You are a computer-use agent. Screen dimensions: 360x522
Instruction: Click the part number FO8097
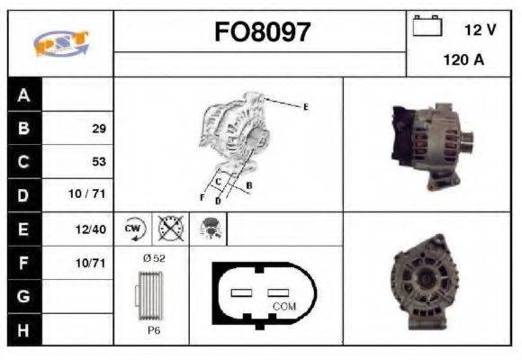coord(261,33)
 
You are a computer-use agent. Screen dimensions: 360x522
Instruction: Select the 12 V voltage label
coord(480,30)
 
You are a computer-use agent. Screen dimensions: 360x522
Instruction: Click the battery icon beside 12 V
coord(426,27)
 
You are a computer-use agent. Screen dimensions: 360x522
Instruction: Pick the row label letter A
coord(24,95)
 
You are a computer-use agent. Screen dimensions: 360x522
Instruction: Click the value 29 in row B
coord(99,129)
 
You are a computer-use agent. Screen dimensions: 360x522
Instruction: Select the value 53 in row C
coord(99,162)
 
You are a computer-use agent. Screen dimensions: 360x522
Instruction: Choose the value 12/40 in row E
coord(93,229)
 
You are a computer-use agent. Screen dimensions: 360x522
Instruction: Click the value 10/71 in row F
coord(93,263)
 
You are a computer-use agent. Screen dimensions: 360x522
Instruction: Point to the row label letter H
coord(24,329)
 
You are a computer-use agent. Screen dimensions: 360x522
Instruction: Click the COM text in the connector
coord(283,306)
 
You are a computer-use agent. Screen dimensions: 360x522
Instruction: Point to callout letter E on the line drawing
coord(305,107)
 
